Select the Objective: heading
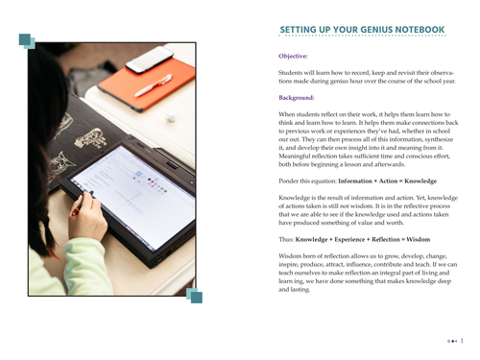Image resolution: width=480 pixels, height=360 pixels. click(293, 56)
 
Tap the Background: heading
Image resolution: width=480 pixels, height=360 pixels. click(297, 98)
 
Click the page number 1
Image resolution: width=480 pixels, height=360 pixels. click(462, 341)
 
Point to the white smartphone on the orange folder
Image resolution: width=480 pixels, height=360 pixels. click(150, 60)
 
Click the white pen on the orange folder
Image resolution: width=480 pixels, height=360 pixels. click(154, 85)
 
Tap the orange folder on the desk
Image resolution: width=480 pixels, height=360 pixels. click(147, 84)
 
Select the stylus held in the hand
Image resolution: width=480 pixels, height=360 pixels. click(82, 204)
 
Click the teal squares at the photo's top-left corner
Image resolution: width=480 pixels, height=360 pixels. click(27, 41)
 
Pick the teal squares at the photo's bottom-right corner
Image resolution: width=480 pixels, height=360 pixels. click(194, 296)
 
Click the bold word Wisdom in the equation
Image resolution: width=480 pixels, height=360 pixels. click(419, 239)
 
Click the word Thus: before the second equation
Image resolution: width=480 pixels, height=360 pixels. click(286, 239)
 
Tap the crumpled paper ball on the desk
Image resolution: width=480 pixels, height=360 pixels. click(170, 117)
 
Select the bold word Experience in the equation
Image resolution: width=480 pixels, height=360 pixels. click(349, 239)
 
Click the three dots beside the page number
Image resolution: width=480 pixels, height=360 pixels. click(452, 341)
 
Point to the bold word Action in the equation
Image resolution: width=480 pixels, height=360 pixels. click(388, 181)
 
